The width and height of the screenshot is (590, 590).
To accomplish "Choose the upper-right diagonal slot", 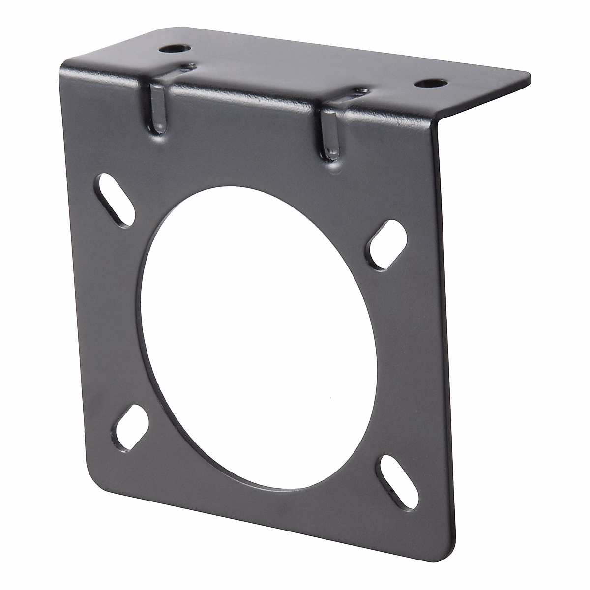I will (389, 244).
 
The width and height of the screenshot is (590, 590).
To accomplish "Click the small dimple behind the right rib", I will (362, 90).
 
